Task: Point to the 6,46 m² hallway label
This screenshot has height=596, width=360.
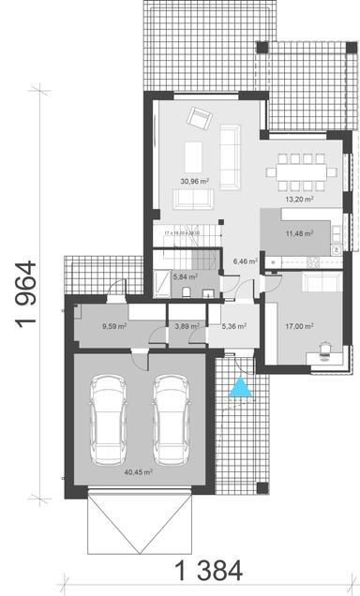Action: click(x=246, y=261)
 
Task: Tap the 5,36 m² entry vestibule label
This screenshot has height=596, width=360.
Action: click(x=233, y=327)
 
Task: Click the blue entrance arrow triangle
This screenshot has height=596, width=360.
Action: click(x=242, y=386)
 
